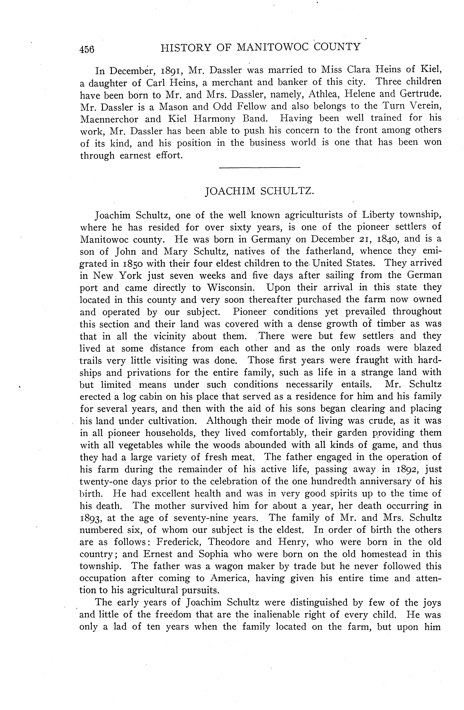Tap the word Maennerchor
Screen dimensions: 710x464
coord(110,119)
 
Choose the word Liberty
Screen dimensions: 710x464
coord(378,215)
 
